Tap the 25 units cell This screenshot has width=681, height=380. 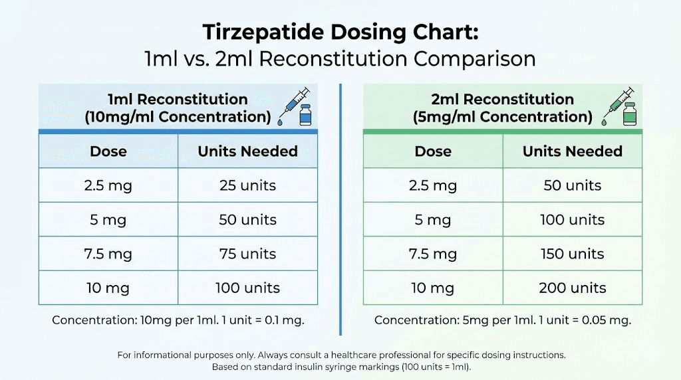click(247, 185)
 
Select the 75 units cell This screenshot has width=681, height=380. click(247, 254)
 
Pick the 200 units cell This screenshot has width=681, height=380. click(572, 288)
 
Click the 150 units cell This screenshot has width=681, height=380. click(572, 254)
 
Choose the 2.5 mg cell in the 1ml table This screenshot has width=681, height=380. click(108, 185)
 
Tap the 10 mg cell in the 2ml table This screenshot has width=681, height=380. click(432, 288)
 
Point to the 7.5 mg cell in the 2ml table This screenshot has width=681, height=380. click(432, 254)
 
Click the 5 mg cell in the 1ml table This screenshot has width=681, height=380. click(108, 220)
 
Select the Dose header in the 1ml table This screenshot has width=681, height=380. click(108, 151)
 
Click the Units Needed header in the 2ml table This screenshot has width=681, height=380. click(572, 151)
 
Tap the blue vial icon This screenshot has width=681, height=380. click(305, 115)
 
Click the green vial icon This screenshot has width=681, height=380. click(629, 115)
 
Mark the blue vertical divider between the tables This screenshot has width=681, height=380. click(340, 209)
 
